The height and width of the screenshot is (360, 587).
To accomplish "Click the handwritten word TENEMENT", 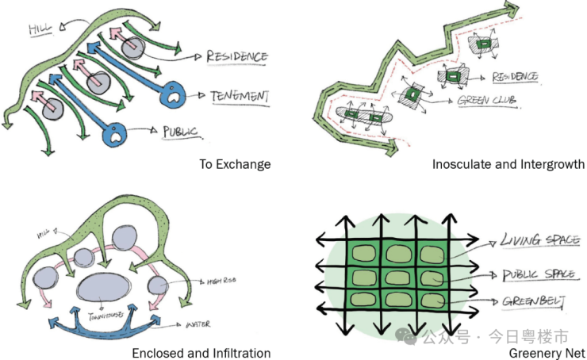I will pyautogui.click(x=239, y=97).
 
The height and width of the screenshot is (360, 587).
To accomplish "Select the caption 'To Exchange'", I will pyautogui.click(x=234, y=164).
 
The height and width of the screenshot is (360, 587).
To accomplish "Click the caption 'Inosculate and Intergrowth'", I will pyautogui.click(x=508, y=164).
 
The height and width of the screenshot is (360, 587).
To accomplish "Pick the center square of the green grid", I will pyautogui.click(x=396, y=278).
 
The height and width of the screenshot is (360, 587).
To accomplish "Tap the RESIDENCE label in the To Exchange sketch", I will pyautogui.click(x=236, y=57).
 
